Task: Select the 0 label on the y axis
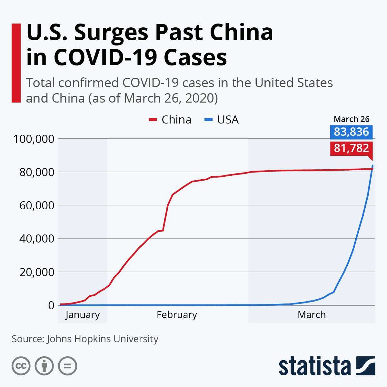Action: point(51,305)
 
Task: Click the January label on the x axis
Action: point(83,315)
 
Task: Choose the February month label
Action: point(177,315)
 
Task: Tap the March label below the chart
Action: point(312,315)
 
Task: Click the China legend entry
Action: point(170,120)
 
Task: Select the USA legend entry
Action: point(222,120)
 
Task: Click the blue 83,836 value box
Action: point(351,132)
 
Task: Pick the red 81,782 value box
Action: point(351,148)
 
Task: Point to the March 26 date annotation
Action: point(352,119)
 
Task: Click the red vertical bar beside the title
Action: point(16,63)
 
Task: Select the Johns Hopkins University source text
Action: point(103,339)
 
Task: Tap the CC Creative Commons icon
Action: point(21,366)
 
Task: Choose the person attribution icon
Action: point(44,366)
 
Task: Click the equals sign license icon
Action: point(68,366)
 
